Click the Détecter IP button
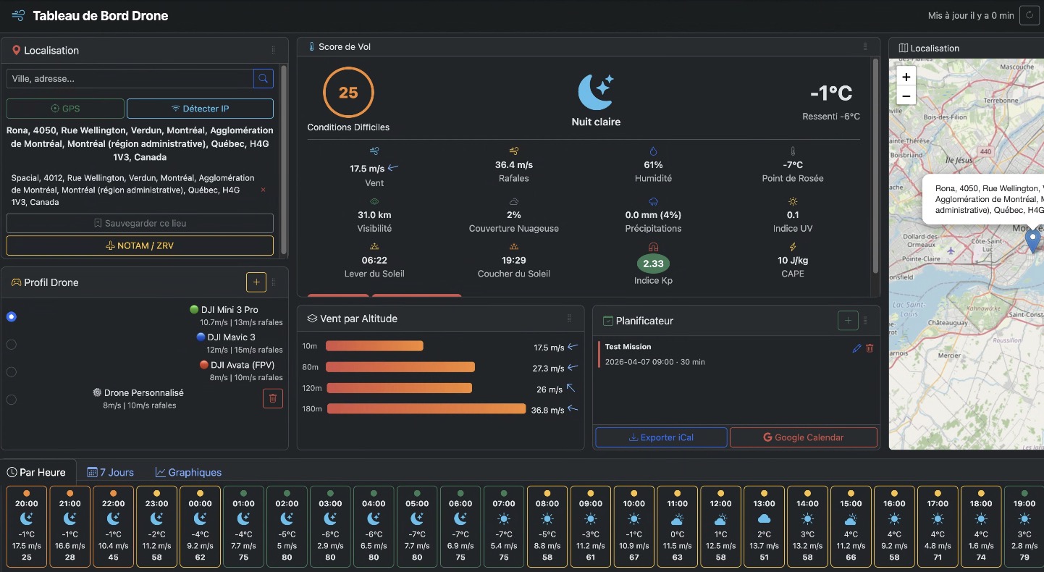(x=200, y=109)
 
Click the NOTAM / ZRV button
(x=140, y=245)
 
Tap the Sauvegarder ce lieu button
(x=140, y=223)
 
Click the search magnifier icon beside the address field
(x=263, y=78)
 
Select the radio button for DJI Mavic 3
(x=12, y=344)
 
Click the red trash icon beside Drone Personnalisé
(x=272, y=398)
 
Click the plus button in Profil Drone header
(x=256, y=282)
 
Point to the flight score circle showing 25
(x=348, y=93)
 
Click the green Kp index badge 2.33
(x=653, y=264)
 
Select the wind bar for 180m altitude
(x=426, y=409)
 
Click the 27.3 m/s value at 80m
(x=548, y=369)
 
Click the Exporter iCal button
(x=661, y=437)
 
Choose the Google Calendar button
(x=803, y=437)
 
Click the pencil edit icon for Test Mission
(x=856, y=348)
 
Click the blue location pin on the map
(x=1032, y=240)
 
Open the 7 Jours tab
(x=111, y=472)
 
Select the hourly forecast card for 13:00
(x=764, y=526)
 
